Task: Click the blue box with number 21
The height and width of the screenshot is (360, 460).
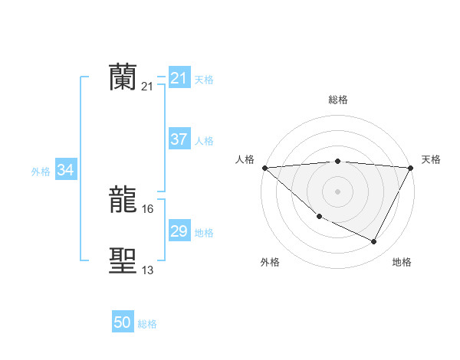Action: (x=179, y=78)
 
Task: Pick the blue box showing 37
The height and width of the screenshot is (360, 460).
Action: (x=179, y=139)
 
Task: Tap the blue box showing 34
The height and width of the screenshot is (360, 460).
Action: (x=65, y=170)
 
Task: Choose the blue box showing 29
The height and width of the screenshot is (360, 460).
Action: (x=179, y=231)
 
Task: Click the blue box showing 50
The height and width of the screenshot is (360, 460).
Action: (x=123, y=322)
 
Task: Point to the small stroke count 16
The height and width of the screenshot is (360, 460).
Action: (x=148, y=208)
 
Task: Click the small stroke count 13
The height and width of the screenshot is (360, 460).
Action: (x=148, y=270)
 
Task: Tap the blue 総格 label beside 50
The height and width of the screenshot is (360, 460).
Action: (x=147, y=324)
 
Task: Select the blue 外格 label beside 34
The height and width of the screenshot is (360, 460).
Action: (x=41, y=172)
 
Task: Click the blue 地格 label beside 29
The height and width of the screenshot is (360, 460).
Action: (x=204, y=233)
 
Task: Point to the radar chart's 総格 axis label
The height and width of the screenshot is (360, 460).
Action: (x=338, y=100)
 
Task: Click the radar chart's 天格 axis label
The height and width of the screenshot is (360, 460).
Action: (x=431, y=159)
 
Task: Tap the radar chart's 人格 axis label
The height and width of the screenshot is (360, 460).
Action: (x=245, y=159)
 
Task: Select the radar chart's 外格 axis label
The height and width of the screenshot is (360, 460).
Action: (x=270, y=262)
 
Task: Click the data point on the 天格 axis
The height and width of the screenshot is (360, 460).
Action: (x=411, y=167)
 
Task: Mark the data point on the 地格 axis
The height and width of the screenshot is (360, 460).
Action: (x=374, y=242)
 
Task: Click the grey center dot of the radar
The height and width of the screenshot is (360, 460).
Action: (x=337, y=191)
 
